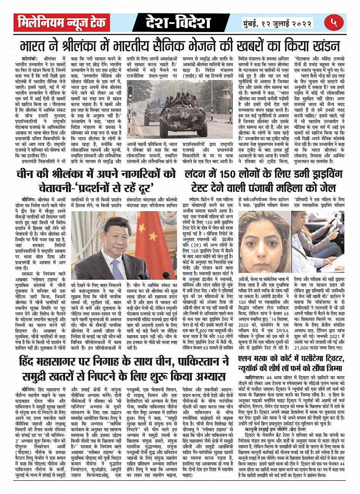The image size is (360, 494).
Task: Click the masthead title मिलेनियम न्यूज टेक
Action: (61, 23)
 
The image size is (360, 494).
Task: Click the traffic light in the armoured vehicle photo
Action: (130, 92)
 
